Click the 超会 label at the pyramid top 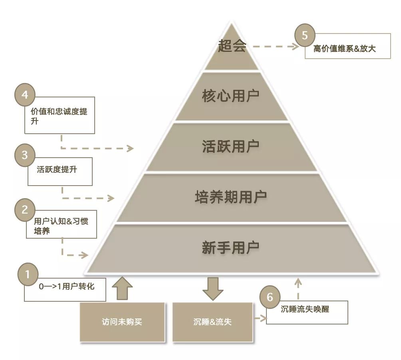(x=232, y=47)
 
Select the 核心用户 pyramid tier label (x=230, y=96)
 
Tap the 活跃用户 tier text (x=230, y=146)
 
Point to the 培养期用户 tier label (x=230, y=197)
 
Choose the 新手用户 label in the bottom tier (x=230, y=248)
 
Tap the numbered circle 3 (x=25, y=155)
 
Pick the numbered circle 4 (x=25, y=95)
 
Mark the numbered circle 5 (x=305, y=36)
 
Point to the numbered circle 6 (x=270, y=297)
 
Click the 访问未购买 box (x=122, y=322)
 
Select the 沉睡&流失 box (x=212, y=322)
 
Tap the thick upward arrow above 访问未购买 (x=122, y=288)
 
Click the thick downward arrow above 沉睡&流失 (x=212, y=289)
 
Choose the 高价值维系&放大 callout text (x=344, y=49)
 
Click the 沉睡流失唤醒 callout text (x=305, y=309)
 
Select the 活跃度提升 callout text (x=57, y=170)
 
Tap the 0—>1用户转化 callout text (x=67, y=286)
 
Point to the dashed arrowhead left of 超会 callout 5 (x=296, y=46)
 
